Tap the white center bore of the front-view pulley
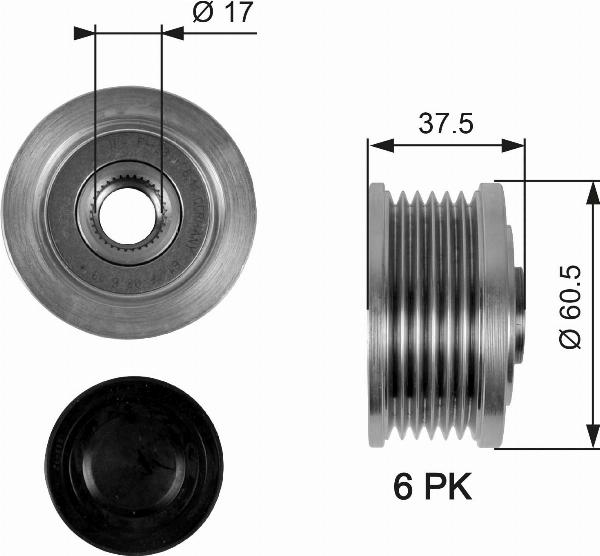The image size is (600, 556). click(127, 209)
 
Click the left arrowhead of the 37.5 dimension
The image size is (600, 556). click(376, 146)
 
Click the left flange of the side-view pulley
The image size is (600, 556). click(377, 315)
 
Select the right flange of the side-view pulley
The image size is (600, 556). click(490, 315)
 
